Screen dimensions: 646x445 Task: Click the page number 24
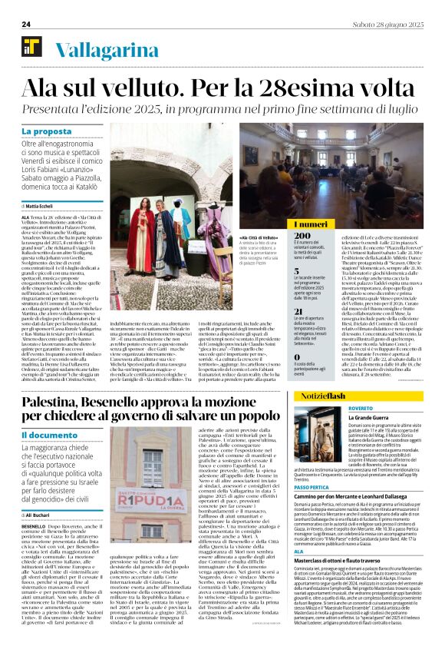[x=26, y=25]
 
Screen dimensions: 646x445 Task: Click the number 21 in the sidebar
[x=299, y=311]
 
